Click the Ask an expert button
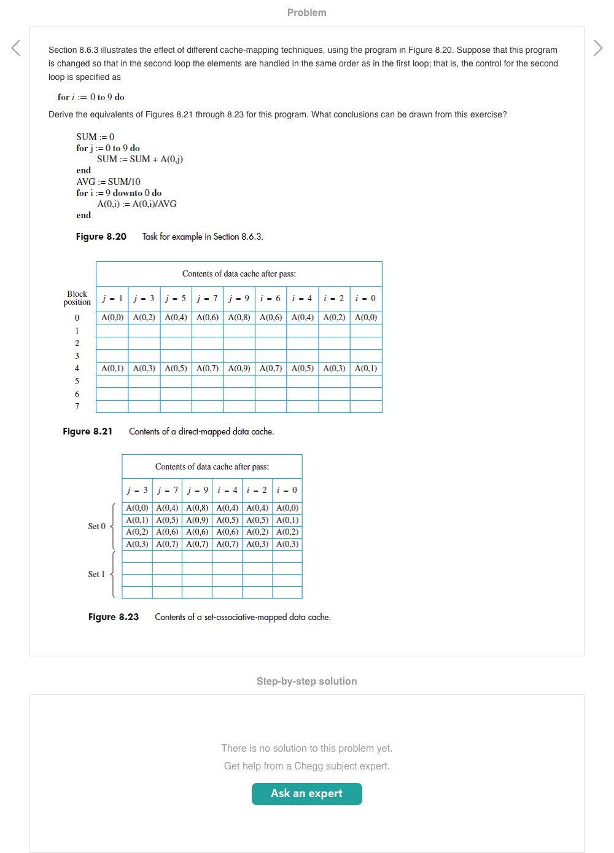tap(306, 793)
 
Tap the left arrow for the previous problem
tap(16, 48)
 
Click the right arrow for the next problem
tap(598, 48)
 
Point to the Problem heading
tap(306, 12)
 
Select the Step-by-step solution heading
tap(306, 681)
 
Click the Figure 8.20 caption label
tap(101, 237)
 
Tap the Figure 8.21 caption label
tap(88, 431)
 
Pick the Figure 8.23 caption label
tap(114, 617)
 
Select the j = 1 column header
tap(112, 299)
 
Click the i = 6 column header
tap(270, 299)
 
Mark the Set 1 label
tap(96, 574)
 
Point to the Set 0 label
tap(96, 526)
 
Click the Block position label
tap(77, 298)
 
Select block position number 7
tap(77, 406)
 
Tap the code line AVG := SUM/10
tap(109, 182)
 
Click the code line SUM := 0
tap(95, 137)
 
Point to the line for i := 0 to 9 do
tap(91, 97)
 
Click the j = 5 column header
tap(176, 299)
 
